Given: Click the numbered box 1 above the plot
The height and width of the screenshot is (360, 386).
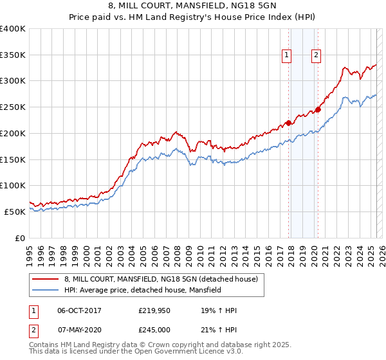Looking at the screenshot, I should pyautogui.click(x=286, y=55).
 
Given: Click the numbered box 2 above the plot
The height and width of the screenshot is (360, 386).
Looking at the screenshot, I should pyautogui.click(x=317, y=55).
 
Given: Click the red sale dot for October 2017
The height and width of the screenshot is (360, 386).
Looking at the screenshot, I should pyautogui.click(x=289, y=122).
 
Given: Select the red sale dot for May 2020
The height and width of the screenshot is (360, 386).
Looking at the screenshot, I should pyautogui.click(x=318, y=109).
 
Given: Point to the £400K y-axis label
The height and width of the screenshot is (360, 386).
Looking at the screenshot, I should pyautogui.click(x=13, y=29).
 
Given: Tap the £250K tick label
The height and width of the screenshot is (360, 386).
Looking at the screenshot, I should pyautogui.click(x=13, y=107).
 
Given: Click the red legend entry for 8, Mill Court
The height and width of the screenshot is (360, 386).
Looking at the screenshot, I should pyautogui.click(x=161, y=279).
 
